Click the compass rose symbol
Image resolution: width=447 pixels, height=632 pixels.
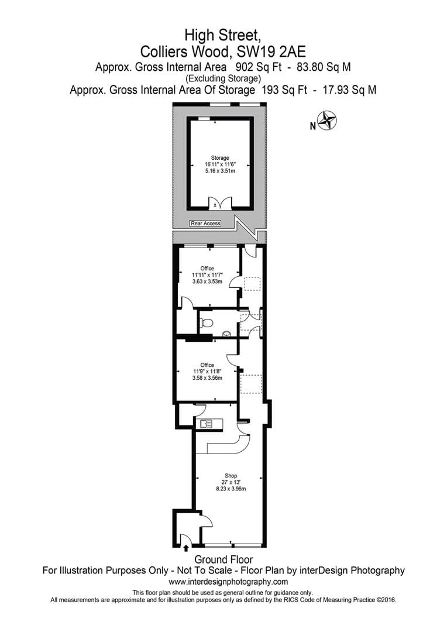326,121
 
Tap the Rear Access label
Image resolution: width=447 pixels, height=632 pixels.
205,224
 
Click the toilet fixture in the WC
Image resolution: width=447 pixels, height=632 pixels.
207,323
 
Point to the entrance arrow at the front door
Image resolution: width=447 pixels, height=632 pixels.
186,548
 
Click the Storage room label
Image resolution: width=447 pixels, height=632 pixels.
220,158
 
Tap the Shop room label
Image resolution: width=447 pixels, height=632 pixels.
231,476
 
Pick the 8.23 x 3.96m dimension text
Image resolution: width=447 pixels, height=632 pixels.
231,489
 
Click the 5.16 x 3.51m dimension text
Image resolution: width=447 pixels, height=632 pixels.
220,171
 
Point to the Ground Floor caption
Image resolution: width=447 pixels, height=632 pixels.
223,559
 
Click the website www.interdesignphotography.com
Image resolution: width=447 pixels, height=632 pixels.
228,582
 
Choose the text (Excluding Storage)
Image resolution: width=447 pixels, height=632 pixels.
223,78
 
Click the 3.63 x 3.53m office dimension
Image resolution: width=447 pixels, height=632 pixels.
207,281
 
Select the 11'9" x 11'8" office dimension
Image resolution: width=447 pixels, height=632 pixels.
207,372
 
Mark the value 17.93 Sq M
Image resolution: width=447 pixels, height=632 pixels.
349,90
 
